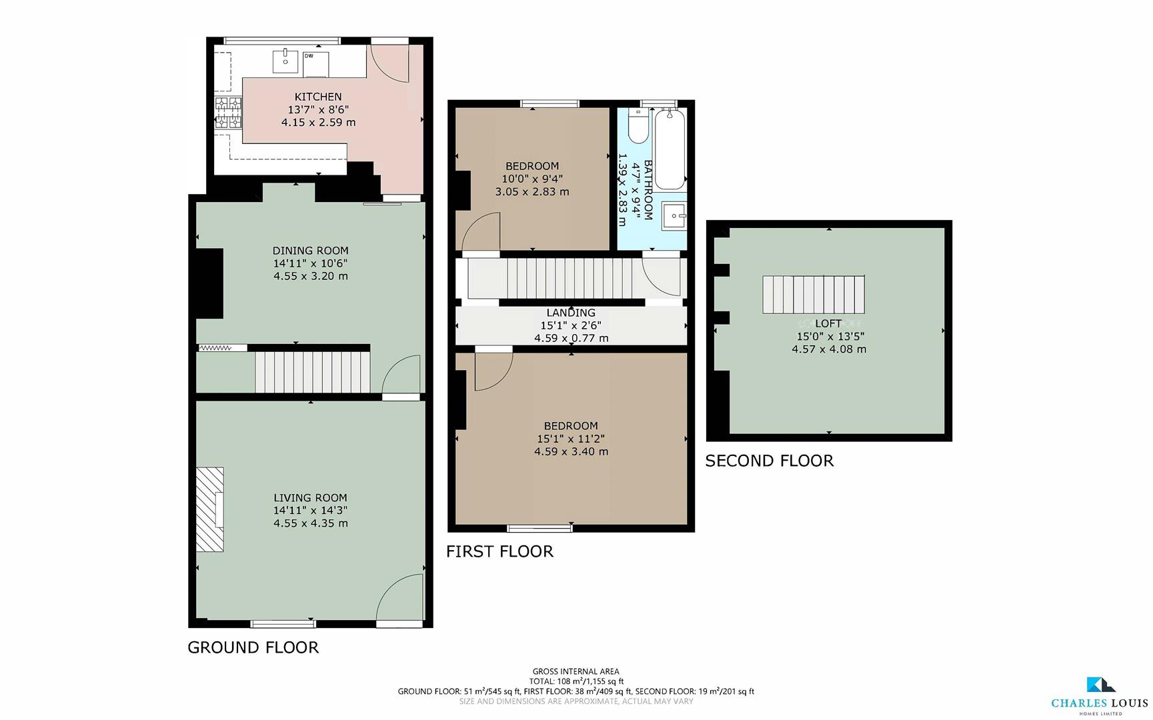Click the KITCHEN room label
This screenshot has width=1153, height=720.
[x=318, y=97]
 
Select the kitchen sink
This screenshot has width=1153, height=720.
[x=285, y=61]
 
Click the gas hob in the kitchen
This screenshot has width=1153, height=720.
[x=228, y=112]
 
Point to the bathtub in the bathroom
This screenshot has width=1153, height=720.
[x=670, y=149]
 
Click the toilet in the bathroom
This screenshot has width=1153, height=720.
[x=638, y=127]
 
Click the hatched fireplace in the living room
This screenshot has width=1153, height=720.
[x=209, y=509]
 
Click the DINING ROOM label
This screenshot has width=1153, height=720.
[x=310, y=251]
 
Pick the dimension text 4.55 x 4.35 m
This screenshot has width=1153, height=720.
[x=310, y=523]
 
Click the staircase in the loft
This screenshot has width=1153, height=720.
[x=814, y=294]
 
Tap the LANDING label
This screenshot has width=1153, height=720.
[x=571, y=313]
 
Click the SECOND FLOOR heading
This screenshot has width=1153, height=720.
[x=769, y=461]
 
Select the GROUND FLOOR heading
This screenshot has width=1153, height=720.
[x=253, y=647]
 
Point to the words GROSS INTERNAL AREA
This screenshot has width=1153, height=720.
[x=575, y=671]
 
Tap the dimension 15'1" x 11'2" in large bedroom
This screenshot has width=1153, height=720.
[x=571, y=439]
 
